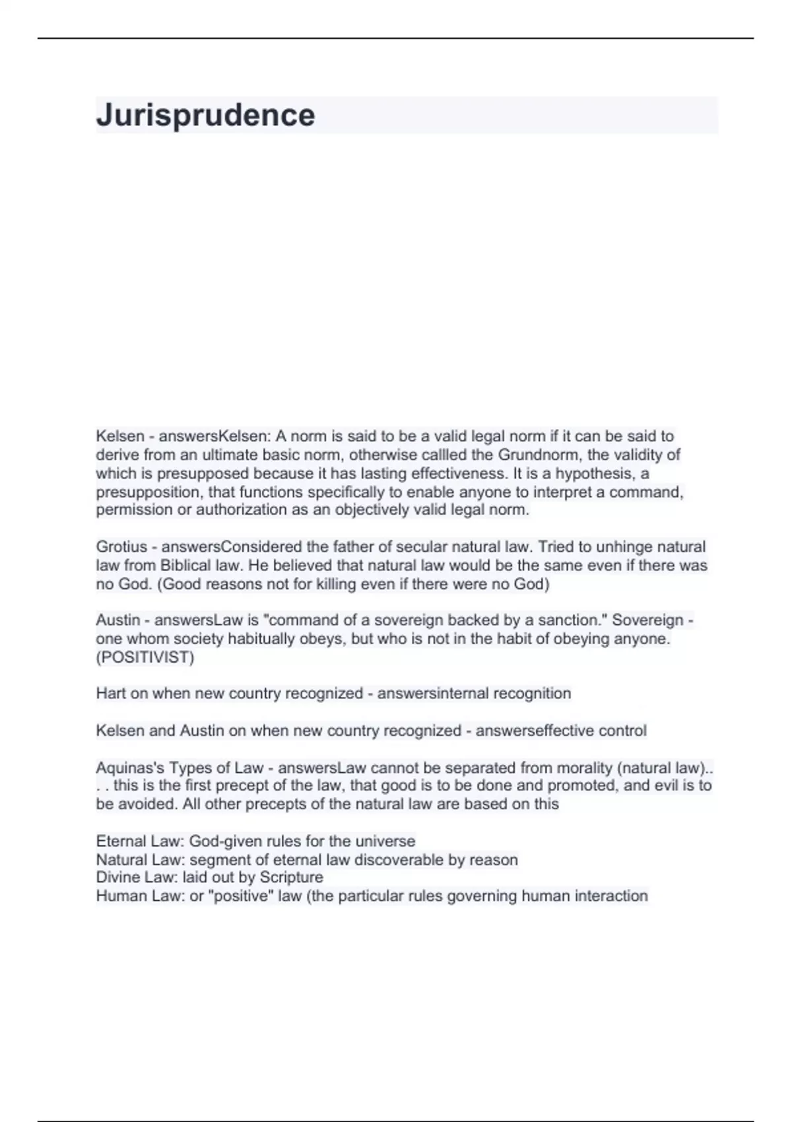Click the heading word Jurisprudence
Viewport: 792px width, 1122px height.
205,115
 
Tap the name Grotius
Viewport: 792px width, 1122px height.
121,547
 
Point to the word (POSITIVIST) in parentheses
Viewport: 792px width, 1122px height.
145,657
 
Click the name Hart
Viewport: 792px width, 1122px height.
111,694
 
